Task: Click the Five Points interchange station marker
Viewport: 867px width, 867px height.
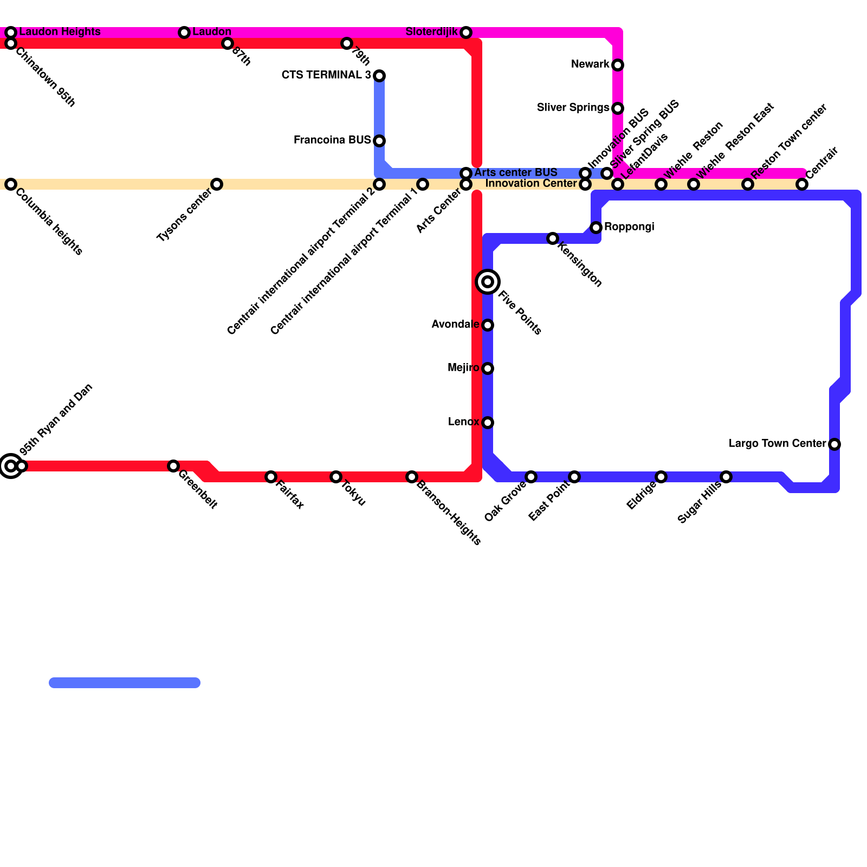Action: click(x=488, y=282)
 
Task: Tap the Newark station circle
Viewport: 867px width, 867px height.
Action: click(x=618, y=65)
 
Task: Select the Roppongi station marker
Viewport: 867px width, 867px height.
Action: click(x=596, y=228)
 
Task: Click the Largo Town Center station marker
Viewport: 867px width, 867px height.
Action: click(x=834, y=444)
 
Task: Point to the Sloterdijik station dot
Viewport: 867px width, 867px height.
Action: click(x=466, y=33)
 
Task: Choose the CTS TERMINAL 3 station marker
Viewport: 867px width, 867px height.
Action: click(x=379, y=75)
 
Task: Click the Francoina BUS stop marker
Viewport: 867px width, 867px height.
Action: click(x=379, y=141)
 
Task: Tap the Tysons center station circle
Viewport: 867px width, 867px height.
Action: click(x=217, y=184)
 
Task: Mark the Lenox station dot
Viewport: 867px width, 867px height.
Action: click(x=488, y=423)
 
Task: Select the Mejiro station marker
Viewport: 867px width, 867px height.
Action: click(x=488, y=368)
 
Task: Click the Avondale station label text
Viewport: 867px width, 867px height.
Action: click(x=455, y=325)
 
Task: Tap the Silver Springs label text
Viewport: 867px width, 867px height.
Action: click(x=573, y=108)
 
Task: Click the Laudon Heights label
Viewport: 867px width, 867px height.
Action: click(x=60, y=32)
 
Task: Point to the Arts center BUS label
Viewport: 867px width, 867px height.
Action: click(x=515, y=173)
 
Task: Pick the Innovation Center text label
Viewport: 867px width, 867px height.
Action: click(x=530, y=184)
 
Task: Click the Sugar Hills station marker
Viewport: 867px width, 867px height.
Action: click(x=726, y=477)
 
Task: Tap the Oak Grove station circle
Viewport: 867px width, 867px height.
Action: click(x=531, y=477)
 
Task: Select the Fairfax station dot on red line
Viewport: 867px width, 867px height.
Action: click(x=271, y=477)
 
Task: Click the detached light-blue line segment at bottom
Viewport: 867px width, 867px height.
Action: click(x=125, y=683)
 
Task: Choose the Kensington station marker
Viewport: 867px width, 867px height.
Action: click(x=553, y=238)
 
